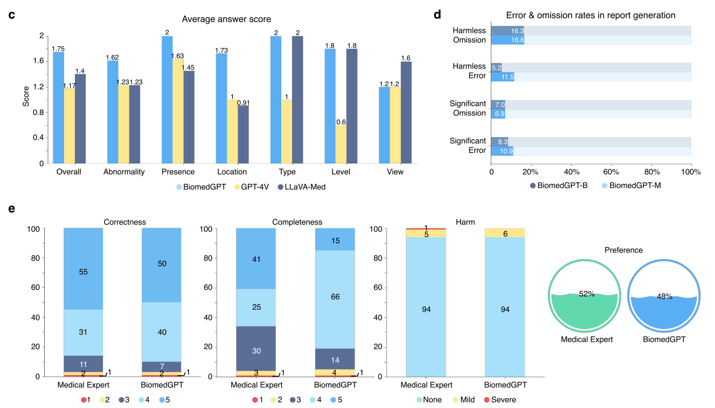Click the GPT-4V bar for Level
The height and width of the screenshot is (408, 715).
(341, 144)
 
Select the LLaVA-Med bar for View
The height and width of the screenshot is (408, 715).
(406, 112)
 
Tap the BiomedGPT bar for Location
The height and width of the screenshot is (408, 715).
(221, 108)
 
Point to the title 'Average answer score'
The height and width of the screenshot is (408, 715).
(226, 19)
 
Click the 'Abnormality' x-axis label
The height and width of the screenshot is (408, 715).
(124, 172)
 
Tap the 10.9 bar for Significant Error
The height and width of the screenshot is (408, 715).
(502, 151)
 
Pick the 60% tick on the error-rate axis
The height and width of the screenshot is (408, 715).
(611, 172)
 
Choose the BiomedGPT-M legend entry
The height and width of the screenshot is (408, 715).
(630, 186)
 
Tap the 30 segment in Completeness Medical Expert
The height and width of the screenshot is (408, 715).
(256, 350)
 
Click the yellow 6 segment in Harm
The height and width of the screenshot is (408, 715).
(505, 233)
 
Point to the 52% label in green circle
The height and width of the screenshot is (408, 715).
(587, 294)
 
